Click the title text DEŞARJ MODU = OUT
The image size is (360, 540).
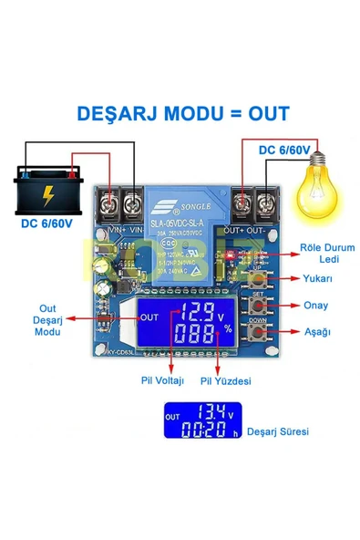(183, 113)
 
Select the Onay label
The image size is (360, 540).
(315, 306)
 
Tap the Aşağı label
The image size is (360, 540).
(315, 332)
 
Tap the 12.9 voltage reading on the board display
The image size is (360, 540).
(198, 310)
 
